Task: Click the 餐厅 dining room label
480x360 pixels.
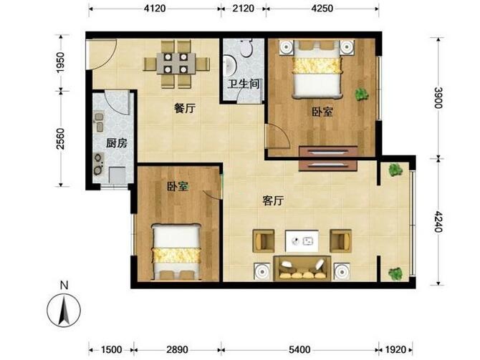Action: (x=185, y=108)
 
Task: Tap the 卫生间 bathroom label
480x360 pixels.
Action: (x=244, y=84)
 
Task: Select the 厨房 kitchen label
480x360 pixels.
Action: (x=117, y=143)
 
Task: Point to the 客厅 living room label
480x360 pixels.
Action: (x=273, y=200)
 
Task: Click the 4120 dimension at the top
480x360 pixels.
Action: (x=155, y=9)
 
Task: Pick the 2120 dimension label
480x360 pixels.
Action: (x=244, y=9)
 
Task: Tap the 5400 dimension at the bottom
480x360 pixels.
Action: (x=299, y=349)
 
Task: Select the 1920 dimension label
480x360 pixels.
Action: (x=395, y=349)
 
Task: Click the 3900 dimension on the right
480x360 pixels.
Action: (x=438, y=98)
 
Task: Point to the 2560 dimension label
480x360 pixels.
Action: (x=61, y=139)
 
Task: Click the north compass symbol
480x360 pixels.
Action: (x=64, y=311)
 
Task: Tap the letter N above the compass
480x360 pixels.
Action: (x=64, y=286)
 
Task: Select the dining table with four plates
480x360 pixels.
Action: (x=176, y=64)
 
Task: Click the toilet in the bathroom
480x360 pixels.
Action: (x=246, y=48)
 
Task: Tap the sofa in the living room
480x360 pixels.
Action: (x=302, y=268)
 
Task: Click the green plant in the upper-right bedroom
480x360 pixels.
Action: (x=362, y=94)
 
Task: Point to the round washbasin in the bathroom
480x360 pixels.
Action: (x=229, y=66)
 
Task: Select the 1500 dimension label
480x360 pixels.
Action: (x=112, y=349)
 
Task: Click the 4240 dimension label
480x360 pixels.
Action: (x=438, y=221)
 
